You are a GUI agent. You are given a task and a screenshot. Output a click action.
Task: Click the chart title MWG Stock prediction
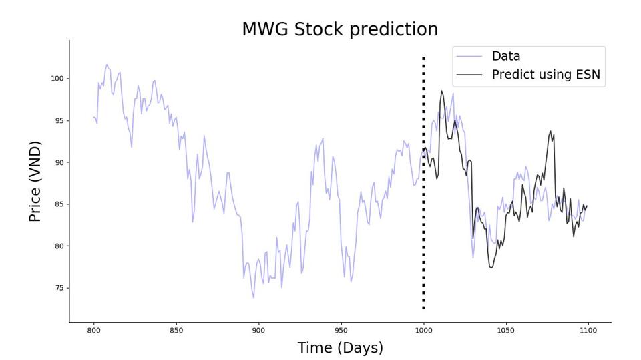(x=340, y=30)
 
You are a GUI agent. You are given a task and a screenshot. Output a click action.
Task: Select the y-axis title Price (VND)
(x=35, y=181)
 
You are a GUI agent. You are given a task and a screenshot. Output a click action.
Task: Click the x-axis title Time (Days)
(x=340, y=348)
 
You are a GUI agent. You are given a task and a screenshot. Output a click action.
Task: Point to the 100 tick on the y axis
(x=57, y=79)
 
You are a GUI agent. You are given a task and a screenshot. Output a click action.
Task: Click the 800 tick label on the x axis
(x=93, y=330)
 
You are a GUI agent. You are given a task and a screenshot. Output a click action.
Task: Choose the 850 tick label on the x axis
(x=176, y=330)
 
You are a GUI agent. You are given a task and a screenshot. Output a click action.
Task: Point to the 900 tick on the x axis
(x=258, y=330)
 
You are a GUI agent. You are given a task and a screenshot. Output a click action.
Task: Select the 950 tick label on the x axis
(x=341, y=330)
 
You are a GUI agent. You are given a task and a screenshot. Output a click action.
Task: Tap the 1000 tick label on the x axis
(x=423, y=330)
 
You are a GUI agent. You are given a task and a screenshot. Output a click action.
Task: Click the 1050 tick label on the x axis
(x=505, y=330)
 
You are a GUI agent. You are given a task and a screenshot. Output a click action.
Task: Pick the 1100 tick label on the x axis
(x=588, y=330)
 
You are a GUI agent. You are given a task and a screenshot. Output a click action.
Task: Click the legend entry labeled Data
(x=505, y=57)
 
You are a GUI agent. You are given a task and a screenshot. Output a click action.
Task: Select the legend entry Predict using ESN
(x=546, y=75)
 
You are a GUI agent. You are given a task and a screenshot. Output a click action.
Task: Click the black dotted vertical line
(x=423, y=200)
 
